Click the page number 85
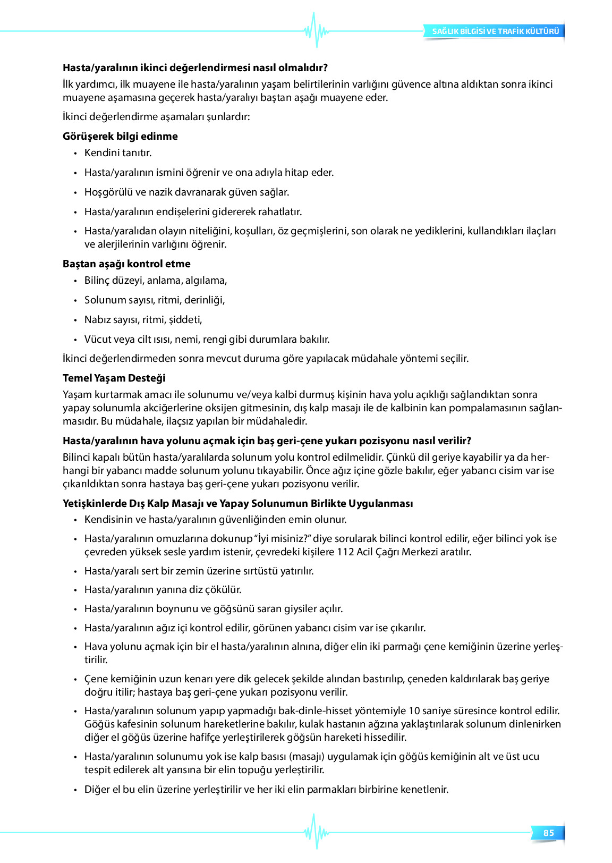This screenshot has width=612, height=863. pyautogui.click(x=548, y=833)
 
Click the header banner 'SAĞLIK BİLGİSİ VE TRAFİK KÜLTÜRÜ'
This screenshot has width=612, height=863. pyautogui.click(x=495, y=31)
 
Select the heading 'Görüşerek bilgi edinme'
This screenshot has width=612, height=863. pyautogui.click(x=120, y=136)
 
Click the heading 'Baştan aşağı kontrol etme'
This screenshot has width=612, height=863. pyautogui.click(x=126, y=264)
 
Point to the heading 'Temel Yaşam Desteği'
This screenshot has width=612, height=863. pyautogui.click(x=114, y=378)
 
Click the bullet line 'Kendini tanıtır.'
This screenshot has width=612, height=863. pyautogui.click(x=118, y=153)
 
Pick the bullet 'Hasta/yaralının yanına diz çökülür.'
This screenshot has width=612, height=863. pyautogui.click(x=163, y=589)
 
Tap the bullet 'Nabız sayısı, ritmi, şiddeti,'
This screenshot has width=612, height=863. pyautogui.click(x=143, y=319)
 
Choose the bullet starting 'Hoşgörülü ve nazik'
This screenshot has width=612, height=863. pyautogui.click(x=186, y=192)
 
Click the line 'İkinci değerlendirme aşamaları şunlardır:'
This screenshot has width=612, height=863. pyautogui.click(x=156, y=116)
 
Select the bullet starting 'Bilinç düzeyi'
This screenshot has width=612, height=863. pyautogui.click(x=156, y=280)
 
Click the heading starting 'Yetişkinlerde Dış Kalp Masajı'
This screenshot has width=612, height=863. pyautogui.click(x=237, y=503)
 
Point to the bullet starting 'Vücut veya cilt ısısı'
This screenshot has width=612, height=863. pyautogui.click(x=207, y=339)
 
